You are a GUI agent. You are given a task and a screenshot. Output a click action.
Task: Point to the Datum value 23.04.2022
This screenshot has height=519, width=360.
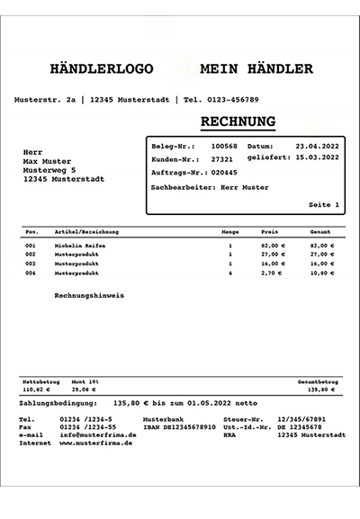(317, 146)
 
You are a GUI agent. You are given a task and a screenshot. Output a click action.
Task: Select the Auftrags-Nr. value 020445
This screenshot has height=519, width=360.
(224, 172)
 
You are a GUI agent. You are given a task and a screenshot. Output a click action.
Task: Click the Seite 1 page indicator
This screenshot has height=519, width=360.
(324, 205)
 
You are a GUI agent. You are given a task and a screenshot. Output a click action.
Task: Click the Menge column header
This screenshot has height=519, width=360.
(229, 231)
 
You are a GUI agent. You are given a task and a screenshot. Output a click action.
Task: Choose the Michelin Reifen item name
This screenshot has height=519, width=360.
(79, 245)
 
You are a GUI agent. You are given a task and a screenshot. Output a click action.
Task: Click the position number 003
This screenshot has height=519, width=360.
(30, 263)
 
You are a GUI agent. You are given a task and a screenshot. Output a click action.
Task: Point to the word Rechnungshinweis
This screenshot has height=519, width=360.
(89, 294)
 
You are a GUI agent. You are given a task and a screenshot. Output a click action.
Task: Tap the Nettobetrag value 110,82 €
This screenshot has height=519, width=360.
(35, 390)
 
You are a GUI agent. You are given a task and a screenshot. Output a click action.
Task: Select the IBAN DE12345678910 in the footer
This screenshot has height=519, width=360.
(179, 427)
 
